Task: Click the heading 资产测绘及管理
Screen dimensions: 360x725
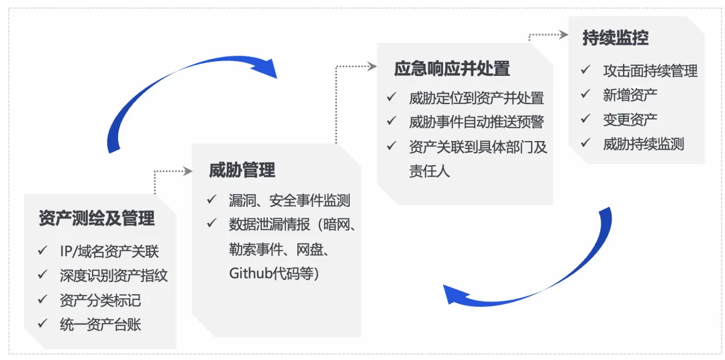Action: (97, 218)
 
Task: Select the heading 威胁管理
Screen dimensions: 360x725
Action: (242, 170)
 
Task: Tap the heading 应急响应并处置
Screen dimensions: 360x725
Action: (452, 69)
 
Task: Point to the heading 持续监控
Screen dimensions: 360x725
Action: (616, 38)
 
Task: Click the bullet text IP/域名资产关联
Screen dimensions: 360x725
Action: (109, 253)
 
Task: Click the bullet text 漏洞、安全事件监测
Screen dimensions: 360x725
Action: (289, 200)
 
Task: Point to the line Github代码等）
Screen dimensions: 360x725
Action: (274, 273)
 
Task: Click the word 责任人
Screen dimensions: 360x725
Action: (429, 171)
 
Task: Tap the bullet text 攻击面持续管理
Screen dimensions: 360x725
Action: (650, 71)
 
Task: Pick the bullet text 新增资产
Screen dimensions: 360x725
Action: (630, 95)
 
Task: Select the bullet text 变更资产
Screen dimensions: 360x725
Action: (630, 119)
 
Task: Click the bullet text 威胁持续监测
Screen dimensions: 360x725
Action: (643, 143)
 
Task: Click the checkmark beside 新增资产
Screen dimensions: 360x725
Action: (586, 95)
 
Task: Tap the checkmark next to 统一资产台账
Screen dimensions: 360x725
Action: (42, 324)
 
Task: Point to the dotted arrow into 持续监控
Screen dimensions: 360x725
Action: (547, 36)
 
